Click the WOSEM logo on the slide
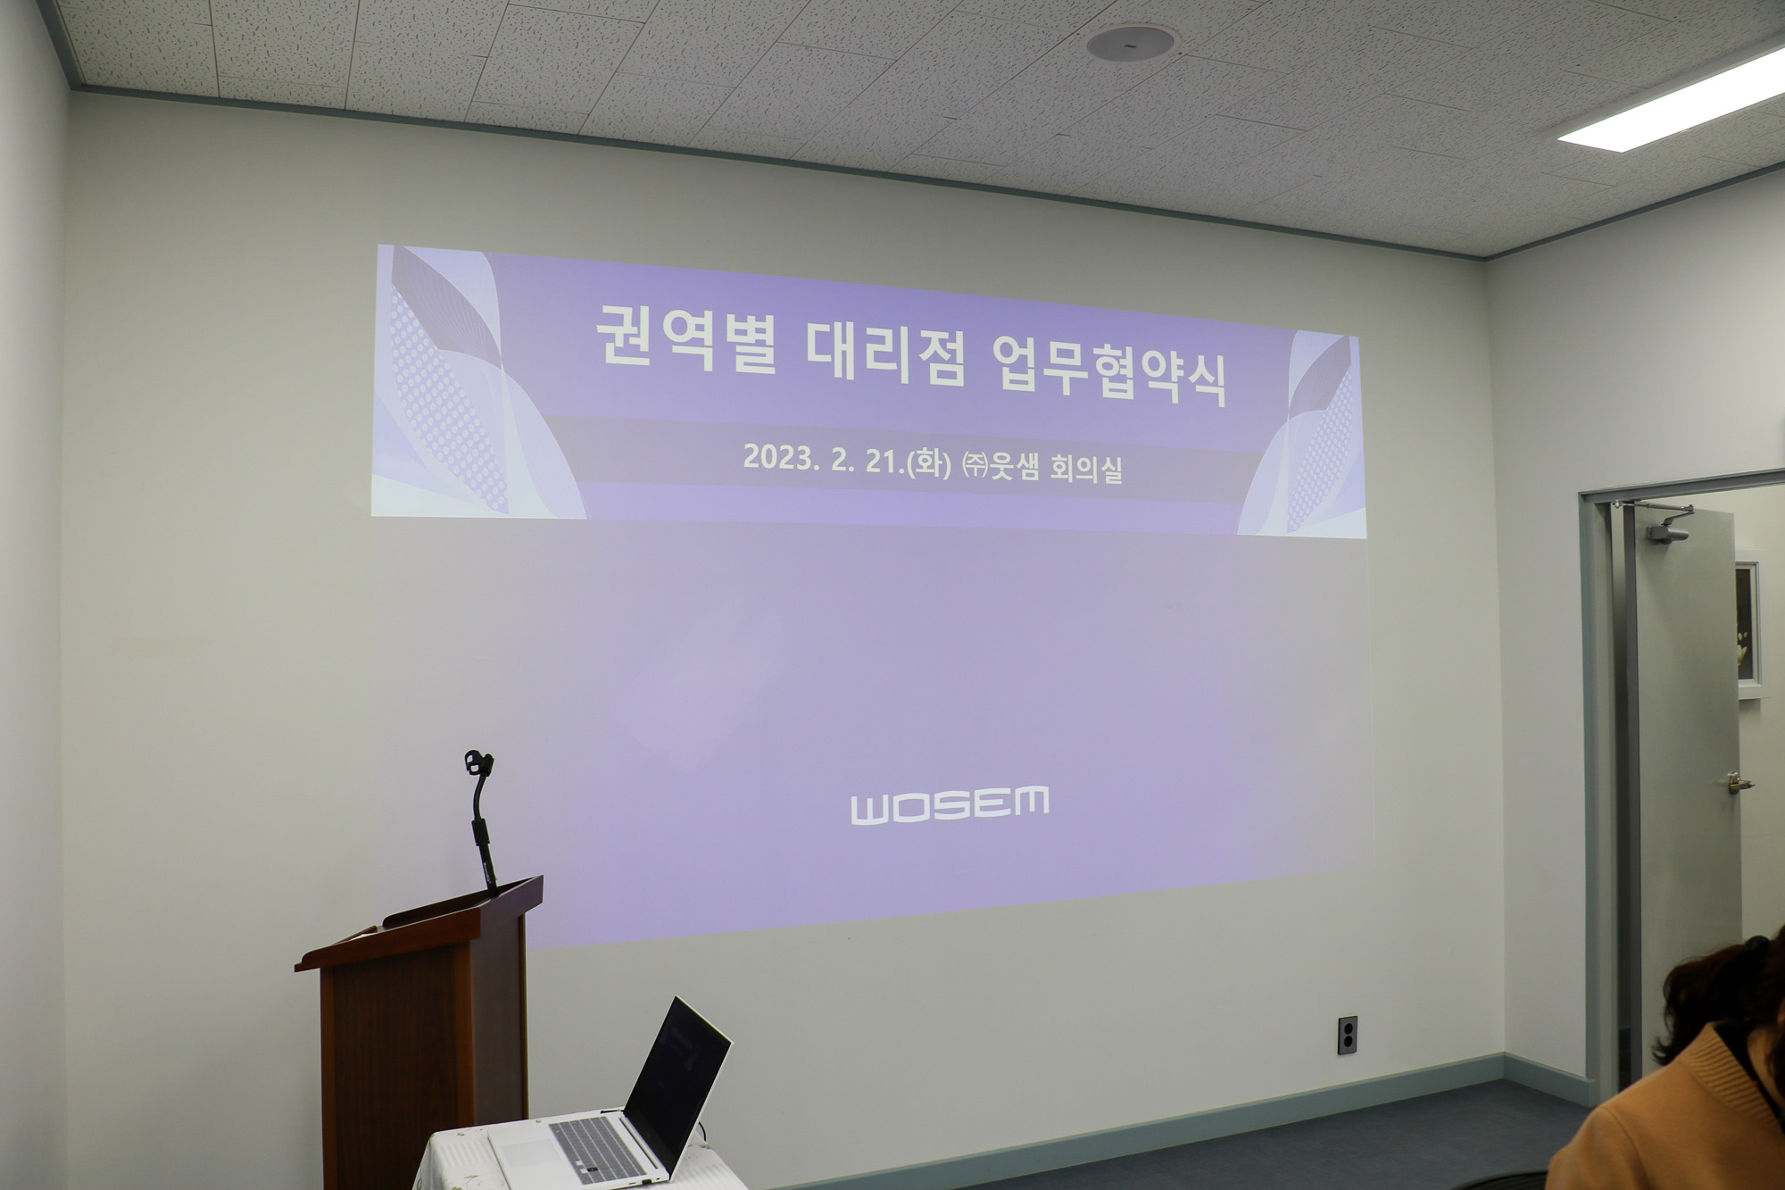(950, 804)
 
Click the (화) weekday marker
(929, 462)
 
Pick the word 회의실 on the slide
(1085, 468)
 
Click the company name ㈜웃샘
(1000, 465)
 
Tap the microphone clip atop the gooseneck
(478, 763)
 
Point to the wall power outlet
(1347, 1035)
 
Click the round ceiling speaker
(1132, 42)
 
